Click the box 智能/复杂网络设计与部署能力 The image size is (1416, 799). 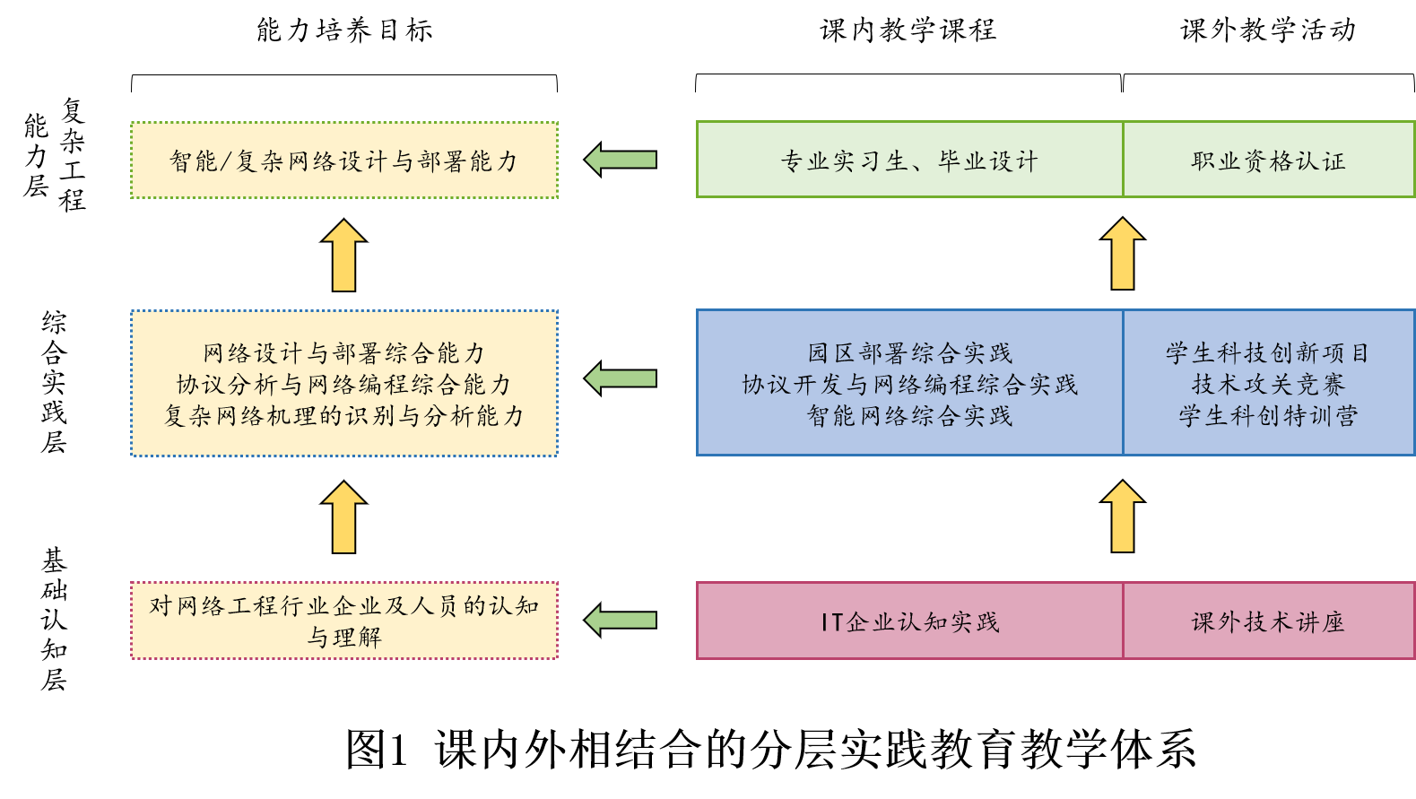(343, 161)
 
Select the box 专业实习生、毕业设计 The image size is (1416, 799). (909, 161)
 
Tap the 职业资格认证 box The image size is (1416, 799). (1268, 161)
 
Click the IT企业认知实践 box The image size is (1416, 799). (909, 621)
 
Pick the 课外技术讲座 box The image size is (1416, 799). (1268, 621)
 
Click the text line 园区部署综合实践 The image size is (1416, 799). (909, 352)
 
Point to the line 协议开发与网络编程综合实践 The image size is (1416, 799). (909, 384)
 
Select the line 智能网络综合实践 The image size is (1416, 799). (909, 415)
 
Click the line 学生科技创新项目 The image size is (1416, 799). (1268, 352)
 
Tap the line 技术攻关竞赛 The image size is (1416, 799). (1268, 384)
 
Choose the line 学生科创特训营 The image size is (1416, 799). (1268, 415)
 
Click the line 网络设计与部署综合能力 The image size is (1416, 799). (343, 352)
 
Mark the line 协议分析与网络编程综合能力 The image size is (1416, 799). (343, 384)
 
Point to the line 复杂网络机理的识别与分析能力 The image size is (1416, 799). (343, 415)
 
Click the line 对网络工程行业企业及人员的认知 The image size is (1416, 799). (343, 606)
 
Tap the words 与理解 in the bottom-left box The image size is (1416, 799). (343, 638)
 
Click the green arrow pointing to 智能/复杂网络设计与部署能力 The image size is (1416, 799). (621, 160)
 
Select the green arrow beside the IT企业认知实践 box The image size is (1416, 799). (621, 621)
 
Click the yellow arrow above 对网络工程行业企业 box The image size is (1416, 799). (343, 517)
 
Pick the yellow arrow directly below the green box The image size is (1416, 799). (1122, 254)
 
